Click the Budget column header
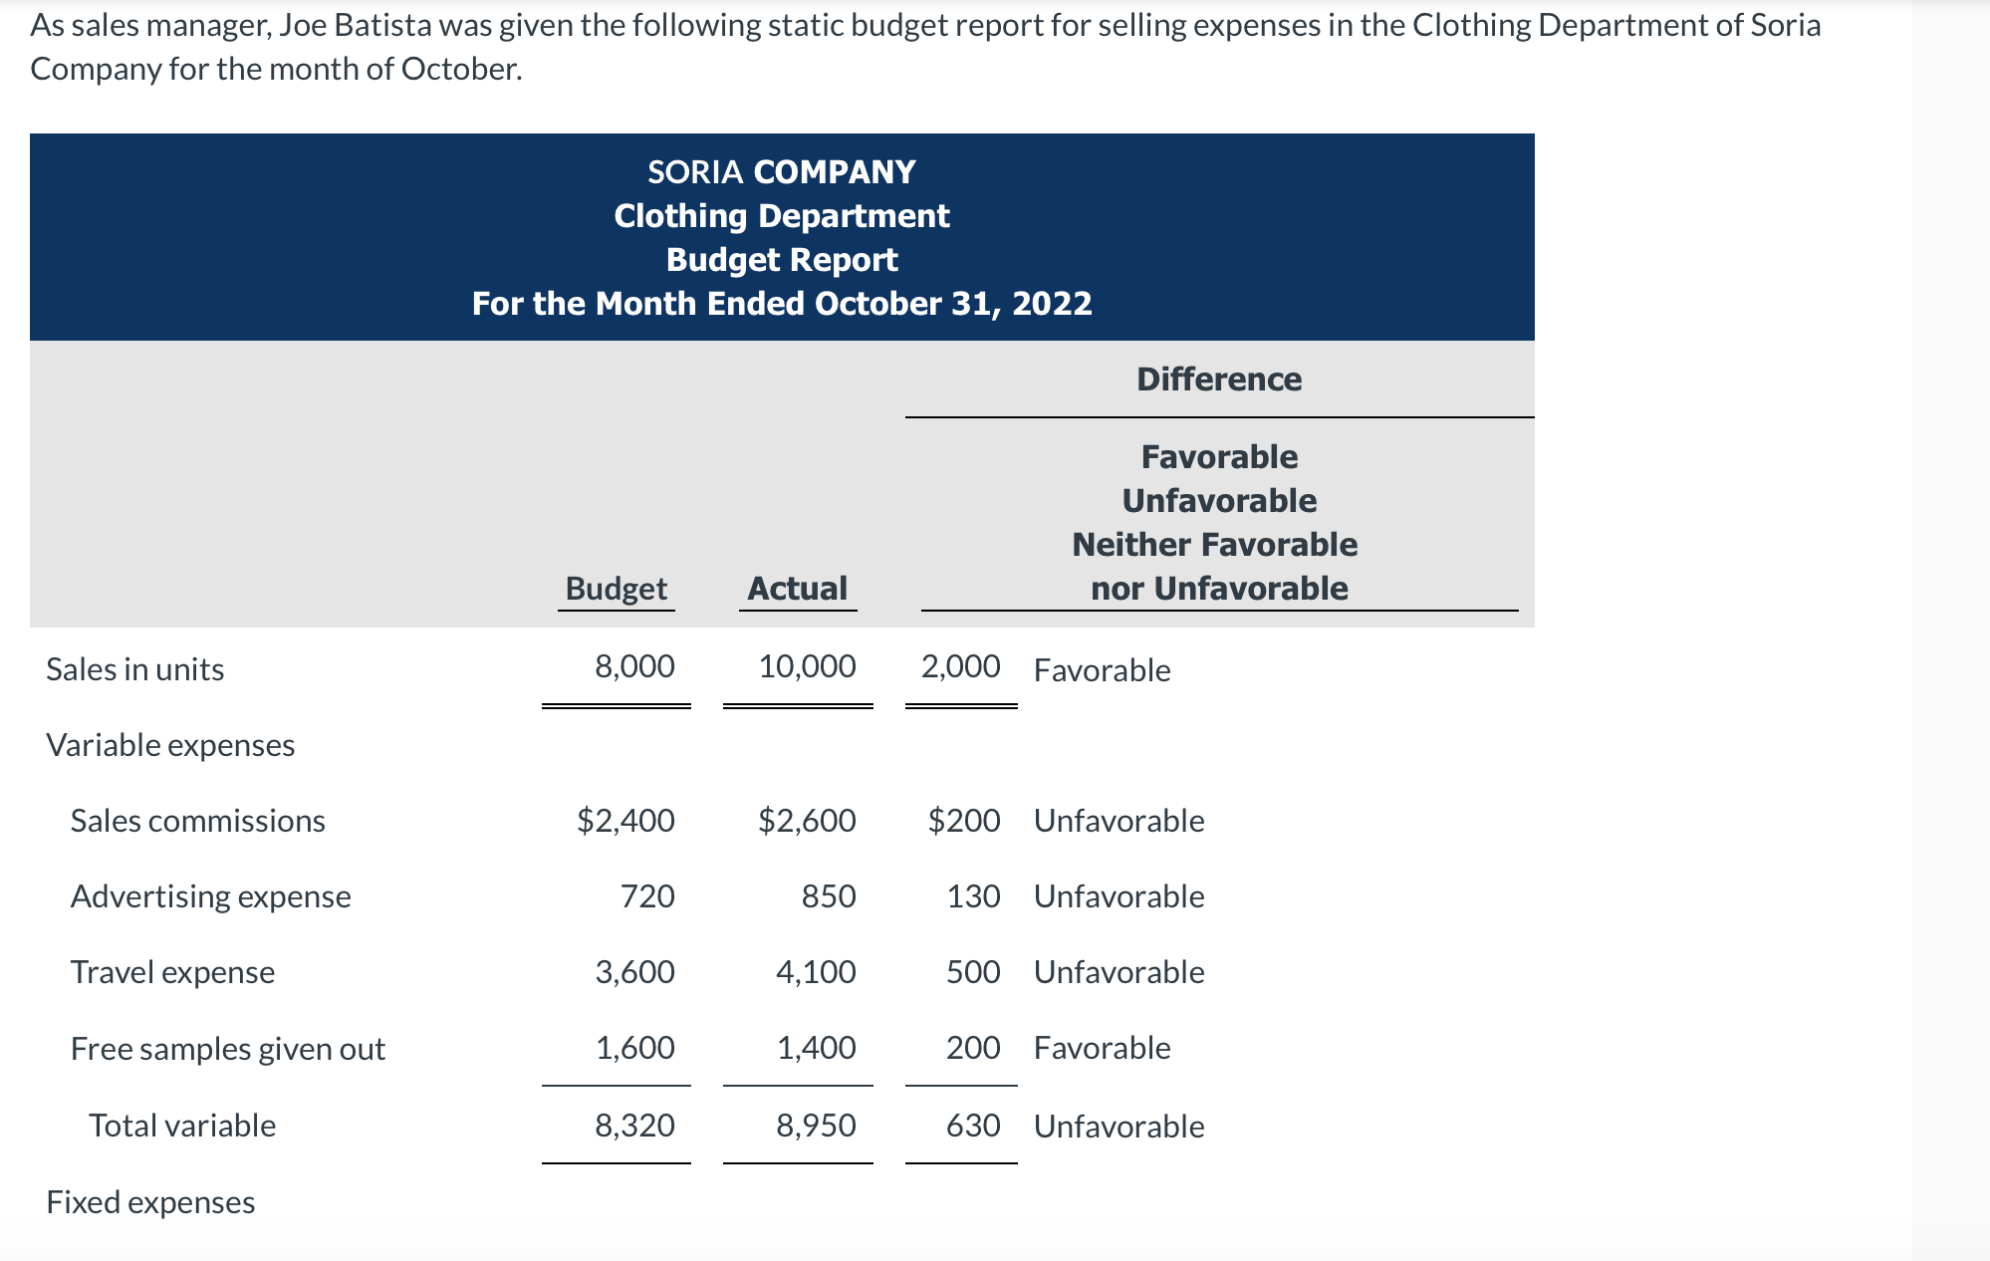pos(616,589)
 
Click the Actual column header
pos(797,589)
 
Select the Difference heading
pos(1218,379)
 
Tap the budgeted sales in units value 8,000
pos(634,666)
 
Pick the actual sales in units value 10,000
pos(807,666)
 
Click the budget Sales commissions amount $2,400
pos(625,821)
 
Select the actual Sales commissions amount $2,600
pos(807,821)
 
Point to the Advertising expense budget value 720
pos(647,896)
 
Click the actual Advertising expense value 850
pos(829,896)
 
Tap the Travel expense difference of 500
pos(973,972)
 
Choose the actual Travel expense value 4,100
pos(816,972)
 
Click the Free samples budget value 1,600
pos(634,1048)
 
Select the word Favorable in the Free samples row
pos(1102,1048)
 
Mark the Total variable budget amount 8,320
pos(634,1126)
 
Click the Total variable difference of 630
pos(973,1126)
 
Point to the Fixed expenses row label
pos(150,1202)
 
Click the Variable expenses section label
pos(170,745)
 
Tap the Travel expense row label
pos(172,972)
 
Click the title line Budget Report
pos(782,260)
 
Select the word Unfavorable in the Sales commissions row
pos(1119,821)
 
